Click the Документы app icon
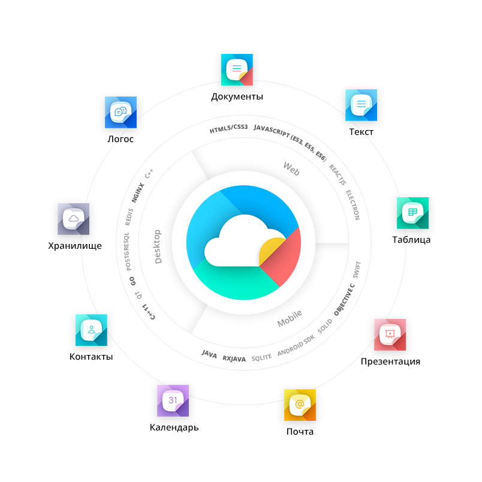[x=237, y=70]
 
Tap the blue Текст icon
[x=361, y=105]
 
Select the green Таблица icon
[x=412, y=213]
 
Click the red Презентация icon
[x=390, y=335]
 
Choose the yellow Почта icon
[x=300, y=405]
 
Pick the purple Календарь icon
[x=173, y=400]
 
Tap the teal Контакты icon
[x=91, y=330]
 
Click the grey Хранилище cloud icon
[x=73, y=219]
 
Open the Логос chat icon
[x=120, y=112]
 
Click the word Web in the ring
[x=291, y=169]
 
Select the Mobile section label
[x=290, y=318]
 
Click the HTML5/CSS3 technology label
[x=228, y=129]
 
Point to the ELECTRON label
[x=353, y=205]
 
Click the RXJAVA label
[x=234, y=359]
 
